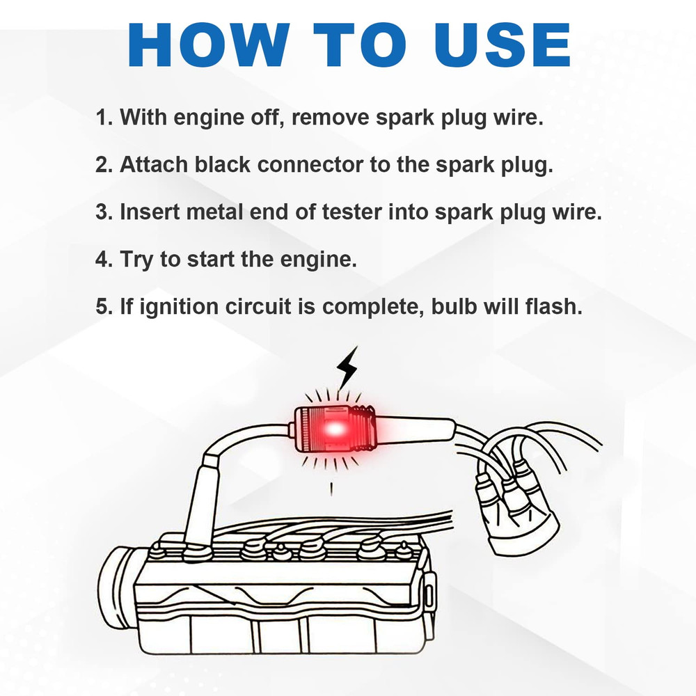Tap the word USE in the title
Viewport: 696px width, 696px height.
click(x=503, y=45)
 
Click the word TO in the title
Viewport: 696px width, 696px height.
click(x=360, y=45)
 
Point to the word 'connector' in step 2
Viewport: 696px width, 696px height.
click(x=310, y=165)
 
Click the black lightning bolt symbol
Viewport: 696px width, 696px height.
click(x=347, y=368)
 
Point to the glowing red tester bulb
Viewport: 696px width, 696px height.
click(x=334, y=429)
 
